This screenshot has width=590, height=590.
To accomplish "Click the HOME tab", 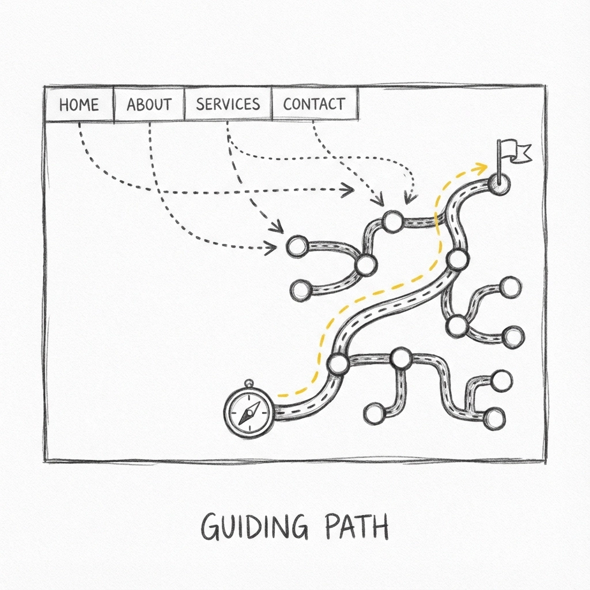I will coord(79,104).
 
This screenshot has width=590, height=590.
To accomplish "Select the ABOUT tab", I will coord(149,104).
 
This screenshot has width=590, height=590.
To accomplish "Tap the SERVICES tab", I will coord(228,104).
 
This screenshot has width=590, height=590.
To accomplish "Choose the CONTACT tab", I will coord(314,104).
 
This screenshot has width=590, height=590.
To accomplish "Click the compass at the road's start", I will coord(248,413).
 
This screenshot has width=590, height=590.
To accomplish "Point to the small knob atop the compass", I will coord(249,382).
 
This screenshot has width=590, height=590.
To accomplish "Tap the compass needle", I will coord(250,413).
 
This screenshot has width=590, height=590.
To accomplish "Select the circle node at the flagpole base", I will coord(498,183).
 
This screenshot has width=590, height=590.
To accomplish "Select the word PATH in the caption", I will coord(359,526).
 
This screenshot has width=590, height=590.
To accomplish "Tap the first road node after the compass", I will coord(337,364).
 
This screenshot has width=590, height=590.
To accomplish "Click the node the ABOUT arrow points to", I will coord(297,247).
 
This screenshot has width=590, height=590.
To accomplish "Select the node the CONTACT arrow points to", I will coord(392,221).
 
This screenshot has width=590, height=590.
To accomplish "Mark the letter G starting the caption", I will coord(210,527).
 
